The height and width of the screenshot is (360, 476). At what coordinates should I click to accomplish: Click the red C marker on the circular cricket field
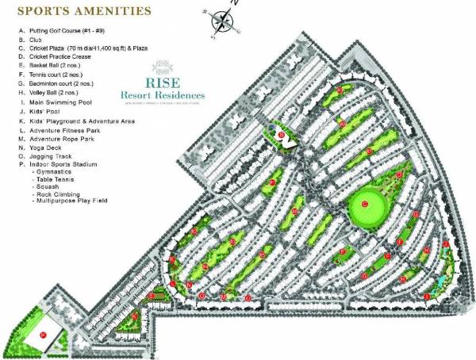365,205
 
